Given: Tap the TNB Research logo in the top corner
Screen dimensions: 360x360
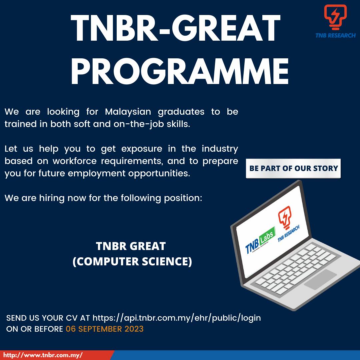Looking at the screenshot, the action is coord(335,21).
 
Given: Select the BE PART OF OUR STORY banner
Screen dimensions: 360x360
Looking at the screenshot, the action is coord(293,168).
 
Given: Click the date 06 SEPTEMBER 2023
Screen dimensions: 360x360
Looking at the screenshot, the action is coord(105,329).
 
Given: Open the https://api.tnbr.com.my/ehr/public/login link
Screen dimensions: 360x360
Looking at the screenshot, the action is coord(177,318).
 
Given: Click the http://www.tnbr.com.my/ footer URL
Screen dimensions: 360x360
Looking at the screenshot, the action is coord(43,355).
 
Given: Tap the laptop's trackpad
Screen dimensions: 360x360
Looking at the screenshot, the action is coord(321,279).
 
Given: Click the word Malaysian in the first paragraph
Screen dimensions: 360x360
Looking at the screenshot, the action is coord(128,112).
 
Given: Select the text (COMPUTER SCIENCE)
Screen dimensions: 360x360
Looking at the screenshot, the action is coord(132,262).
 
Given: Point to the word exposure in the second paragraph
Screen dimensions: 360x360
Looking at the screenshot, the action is coord(142,149).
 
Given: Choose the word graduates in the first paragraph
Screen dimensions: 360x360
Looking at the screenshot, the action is coord(181,112).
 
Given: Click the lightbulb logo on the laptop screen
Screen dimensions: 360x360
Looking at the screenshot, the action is coord(284,217).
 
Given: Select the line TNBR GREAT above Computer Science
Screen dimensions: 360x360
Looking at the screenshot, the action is coord(131,246).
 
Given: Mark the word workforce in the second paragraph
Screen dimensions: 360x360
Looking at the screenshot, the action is coord(75,161).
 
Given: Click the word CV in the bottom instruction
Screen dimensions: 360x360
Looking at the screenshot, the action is coord(72,318).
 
